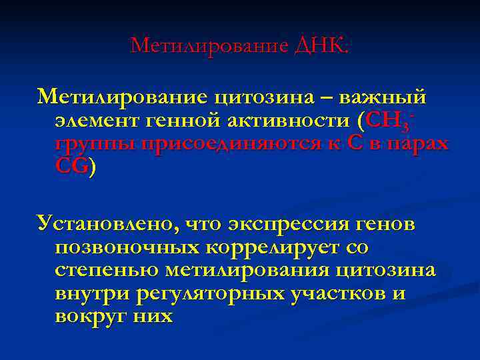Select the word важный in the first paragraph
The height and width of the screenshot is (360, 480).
pyautogui.click(x=383, y=97)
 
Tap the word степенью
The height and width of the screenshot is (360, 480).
pyautogui.click(x=106, y=271)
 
